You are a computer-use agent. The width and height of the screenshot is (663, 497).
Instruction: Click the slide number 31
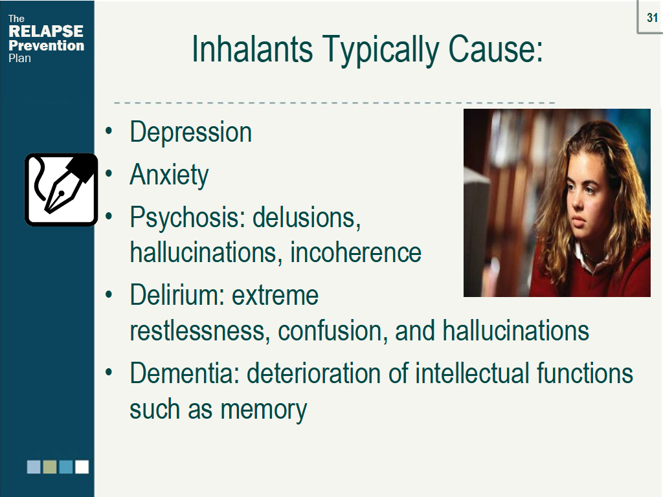tap(652, 18)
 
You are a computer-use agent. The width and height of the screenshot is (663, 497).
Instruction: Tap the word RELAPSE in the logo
tap(46, 32)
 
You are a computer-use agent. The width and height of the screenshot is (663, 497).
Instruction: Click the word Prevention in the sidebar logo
tap(46, 45)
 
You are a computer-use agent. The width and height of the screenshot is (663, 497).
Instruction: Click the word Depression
tap(190, 133)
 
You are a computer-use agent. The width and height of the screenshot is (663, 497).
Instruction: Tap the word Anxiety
tap(169, 175)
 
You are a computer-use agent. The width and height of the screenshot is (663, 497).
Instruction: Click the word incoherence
tap(356, 252)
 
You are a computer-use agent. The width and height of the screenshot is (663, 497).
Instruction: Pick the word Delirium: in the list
tap(177, 295)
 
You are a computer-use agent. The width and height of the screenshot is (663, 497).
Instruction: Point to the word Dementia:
tap(185, 373)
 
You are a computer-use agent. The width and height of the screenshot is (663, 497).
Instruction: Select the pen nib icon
tap(61, 189)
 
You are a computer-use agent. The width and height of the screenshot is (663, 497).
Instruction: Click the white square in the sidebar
tap(82, 467)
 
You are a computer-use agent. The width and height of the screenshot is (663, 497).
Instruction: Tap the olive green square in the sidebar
tap(50, 467)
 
